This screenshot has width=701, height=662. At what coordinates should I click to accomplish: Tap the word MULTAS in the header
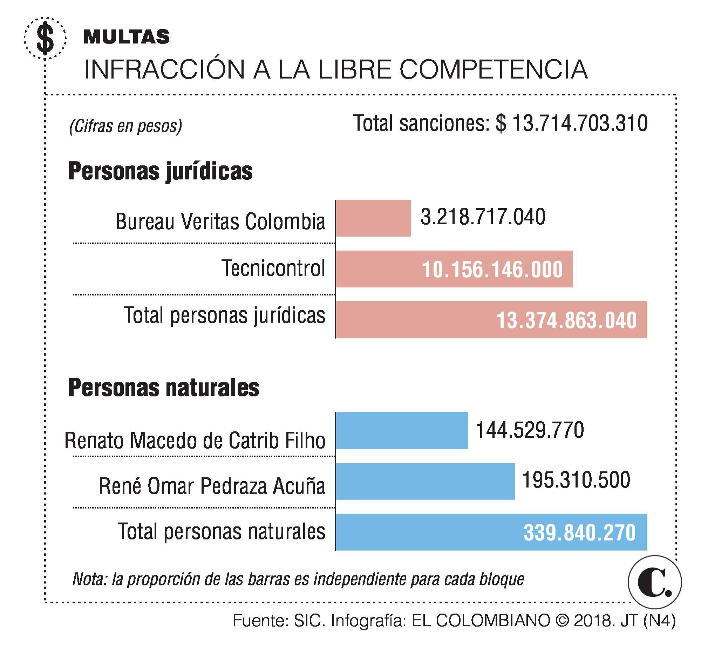(x=127, y=37)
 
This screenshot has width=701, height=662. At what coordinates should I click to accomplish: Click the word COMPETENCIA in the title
(x=494, y=69)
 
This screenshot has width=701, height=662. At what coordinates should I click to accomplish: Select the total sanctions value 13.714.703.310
(x=580, y=124)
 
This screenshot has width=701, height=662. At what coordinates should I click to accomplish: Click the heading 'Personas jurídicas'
(x=161, y=171)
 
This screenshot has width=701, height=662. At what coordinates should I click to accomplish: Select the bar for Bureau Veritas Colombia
(x=373, y=218)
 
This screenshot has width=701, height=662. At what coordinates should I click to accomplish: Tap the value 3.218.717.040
(x=483, y=217)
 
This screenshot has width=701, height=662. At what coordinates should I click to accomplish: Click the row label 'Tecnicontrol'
(x=273, y=268)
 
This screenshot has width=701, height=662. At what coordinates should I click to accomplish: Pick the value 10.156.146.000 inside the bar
(x=492, y=270)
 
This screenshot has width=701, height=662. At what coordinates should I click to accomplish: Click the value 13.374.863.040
(x=566, y=320)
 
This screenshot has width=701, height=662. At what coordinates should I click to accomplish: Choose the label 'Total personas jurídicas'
(x=224, y=315)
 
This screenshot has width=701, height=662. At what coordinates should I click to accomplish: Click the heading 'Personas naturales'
(x=164, y=388)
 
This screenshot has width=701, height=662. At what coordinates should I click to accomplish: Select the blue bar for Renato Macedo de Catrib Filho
(x=402, y=431)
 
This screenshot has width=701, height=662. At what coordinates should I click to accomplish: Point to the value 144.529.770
(x=530, y=430)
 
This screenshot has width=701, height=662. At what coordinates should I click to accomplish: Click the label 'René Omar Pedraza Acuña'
(x=212, y=486)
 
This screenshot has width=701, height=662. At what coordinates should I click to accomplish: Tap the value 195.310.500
(x=576, y=480)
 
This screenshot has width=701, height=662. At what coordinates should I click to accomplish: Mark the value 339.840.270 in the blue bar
(x=580, y=532)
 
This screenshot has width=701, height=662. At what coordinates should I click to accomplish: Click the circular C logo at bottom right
(x=654, y=582)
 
